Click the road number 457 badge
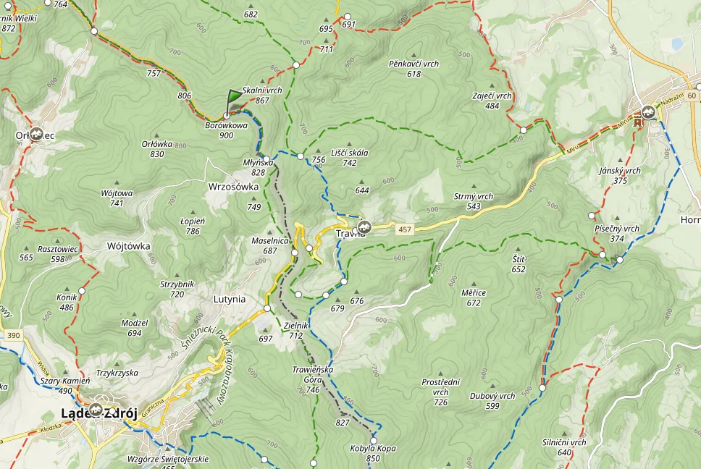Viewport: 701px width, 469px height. [405, 229]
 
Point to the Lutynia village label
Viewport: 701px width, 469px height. [230, 299]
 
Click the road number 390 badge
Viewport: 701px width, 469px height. [12, 336]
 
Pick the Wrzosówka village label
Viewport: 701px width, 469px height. [232, 186]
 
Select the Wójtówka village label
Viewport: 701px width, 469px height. [128, 246]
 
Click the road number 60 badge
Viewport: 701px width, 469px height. [692, 96]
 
